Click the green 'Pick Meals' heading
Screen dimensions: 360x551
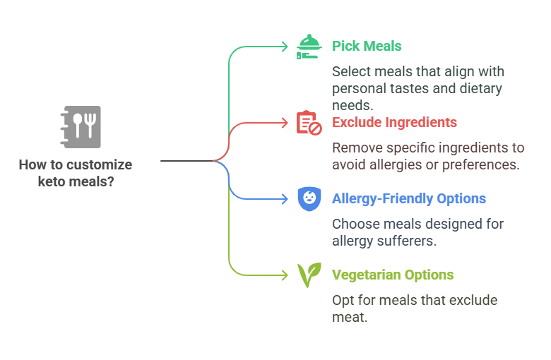point(367,47)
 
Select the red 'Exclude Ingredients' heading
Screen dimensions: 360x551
point(394,123)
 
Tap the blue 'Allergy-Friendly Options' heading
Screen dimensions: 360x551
point(408,199)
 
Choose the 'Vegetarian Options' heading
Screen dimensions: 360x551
point(393,275)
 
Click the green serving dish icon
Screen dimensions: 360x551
point(309,47)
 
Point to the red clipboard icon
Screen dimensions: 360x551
point(309,123)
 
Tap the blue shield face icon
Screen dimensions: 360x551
point(309,198)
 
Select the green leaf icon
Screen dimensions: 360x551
point(309,275)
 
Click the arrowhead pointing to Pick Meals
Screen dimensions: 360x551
point(285,47)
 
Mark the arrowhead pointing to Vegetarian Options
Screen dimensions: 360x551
point(285,275)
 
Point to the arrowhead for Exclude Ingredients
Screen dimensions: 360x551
point(285,123)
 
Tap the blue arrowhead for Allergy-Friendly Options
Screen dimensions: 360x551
point(285,199)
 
